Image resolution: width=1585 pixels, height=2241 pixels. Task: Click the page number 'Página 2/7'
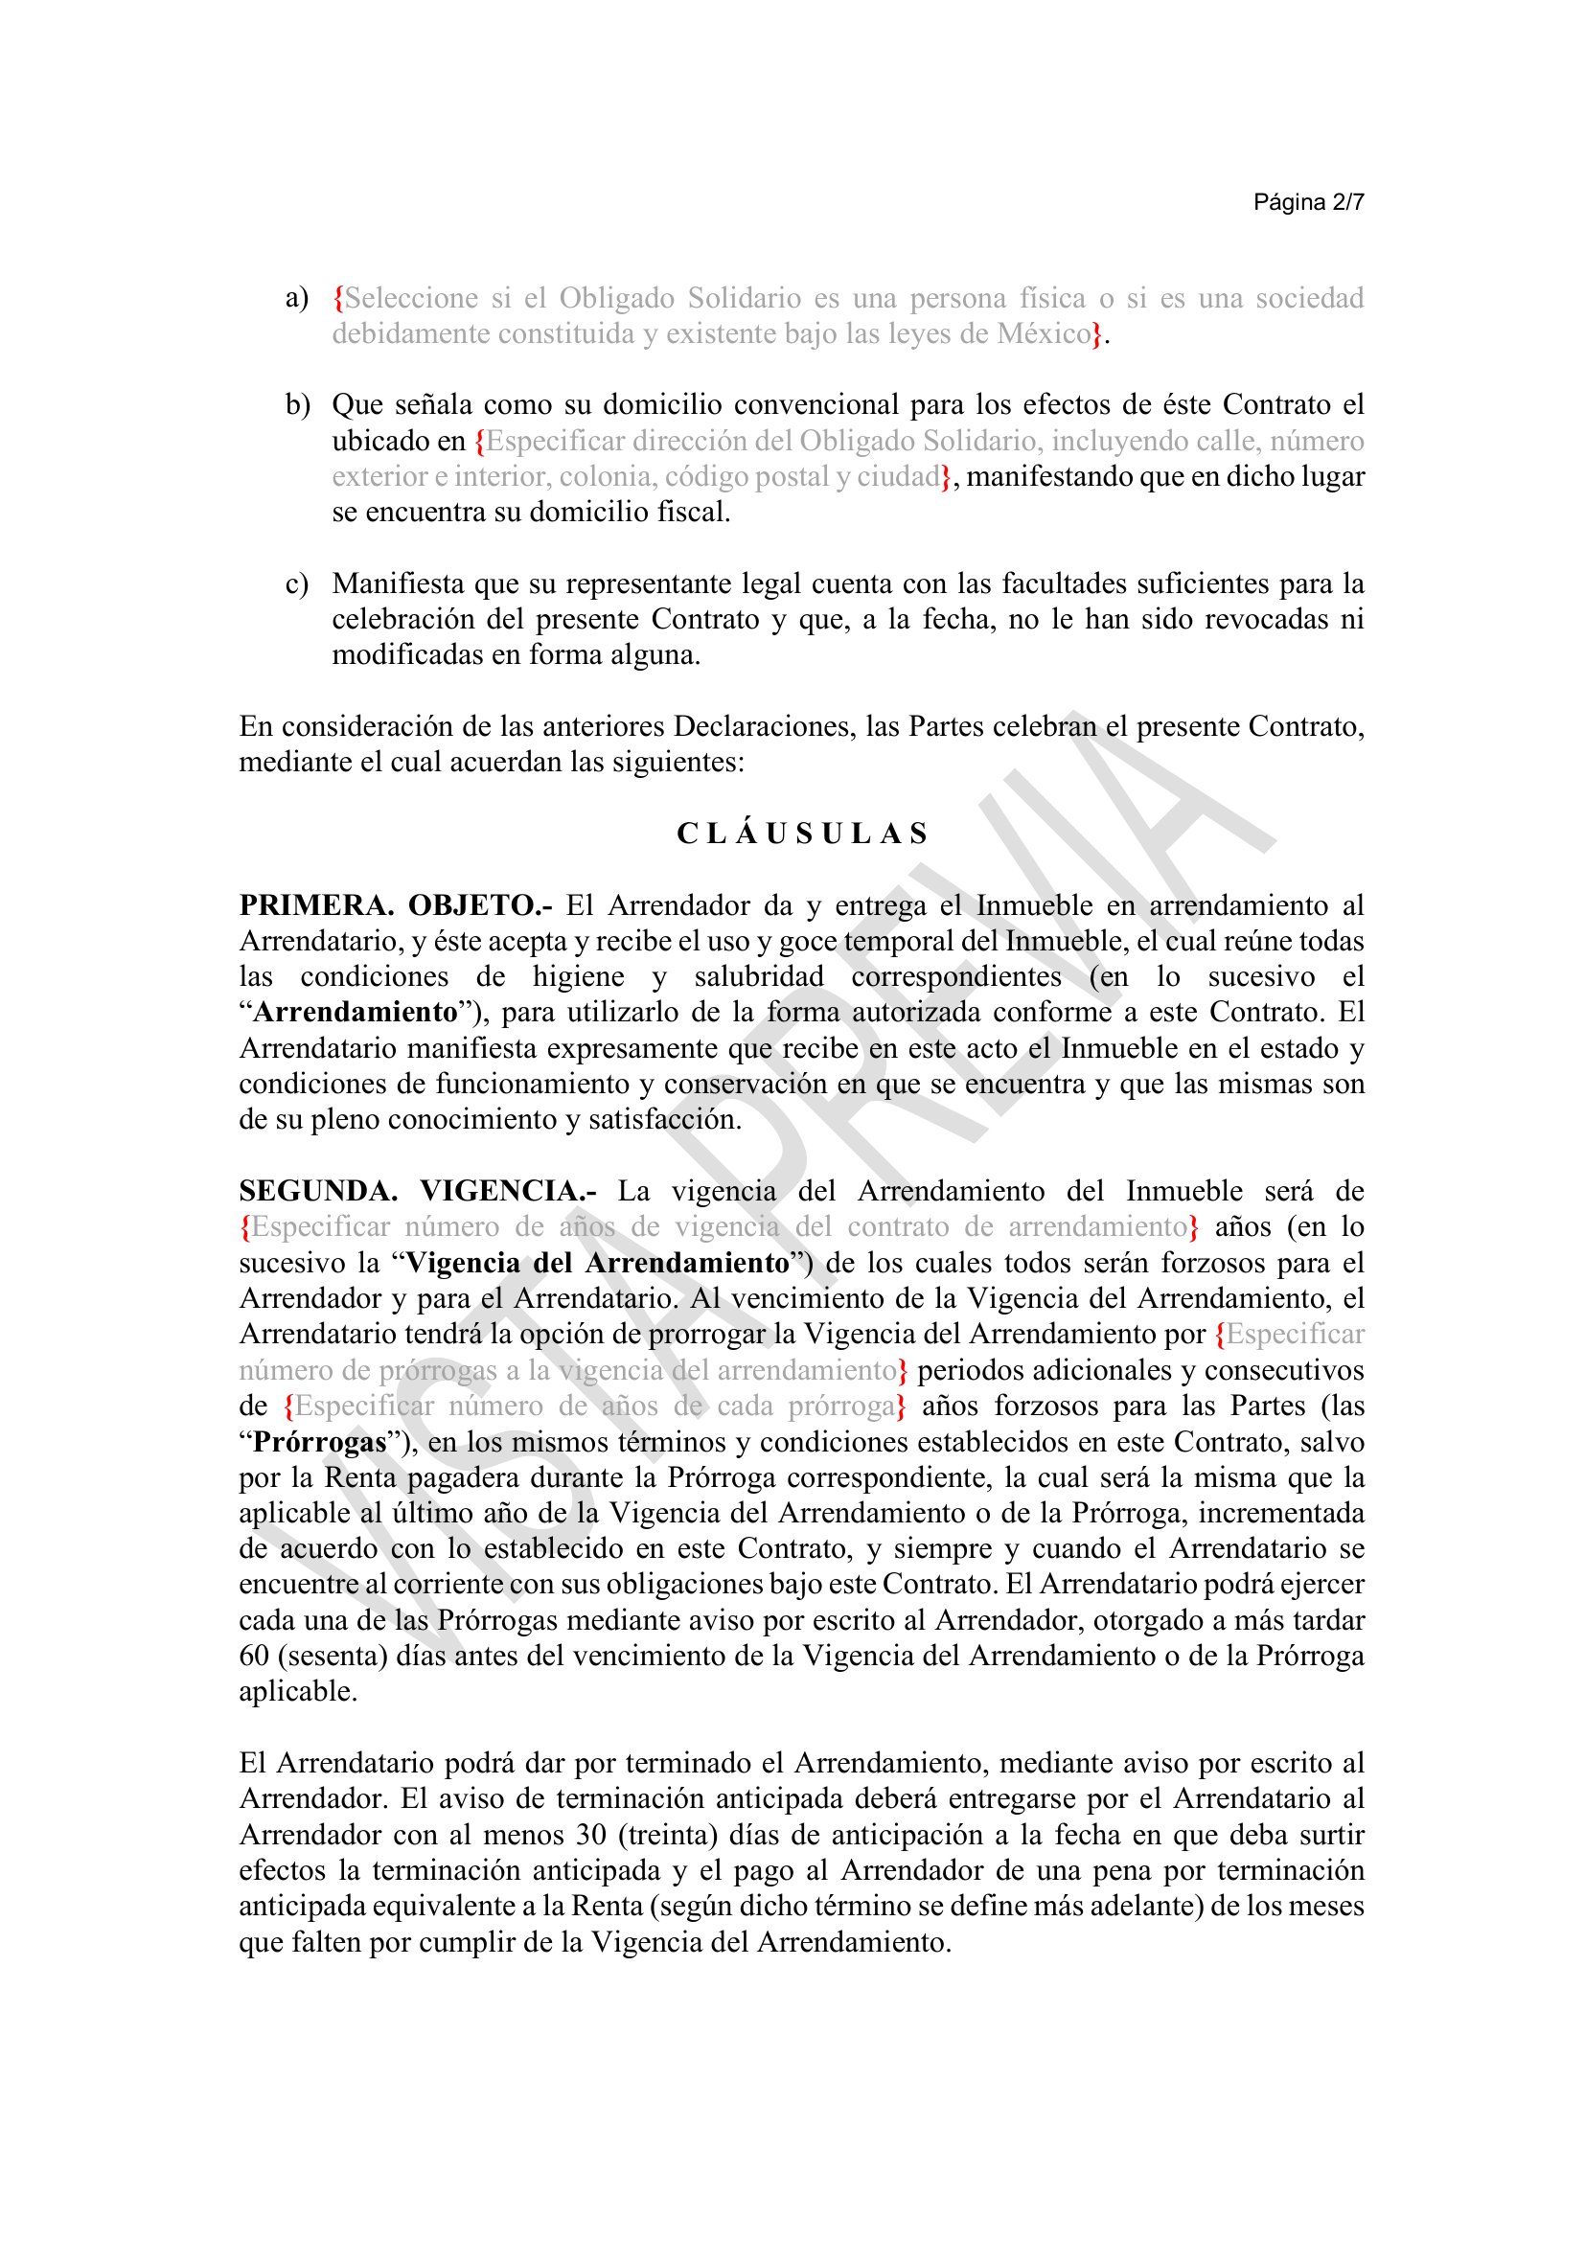1308,202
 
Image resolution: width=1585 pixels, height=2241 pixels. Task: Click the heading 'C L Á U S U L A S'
802,834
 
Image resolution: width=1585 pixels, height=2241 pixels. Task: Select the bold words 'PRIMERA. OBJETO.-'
395,905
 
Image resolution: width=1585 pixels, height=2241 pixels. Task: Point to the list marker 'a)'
297,298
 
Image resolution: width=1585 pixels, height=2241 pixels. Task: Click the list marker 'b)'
297,405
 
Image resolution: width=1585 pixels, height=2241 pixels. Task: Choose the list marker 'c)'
297,584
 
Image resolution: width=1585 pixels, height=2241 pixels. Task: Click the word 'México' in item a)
1043,333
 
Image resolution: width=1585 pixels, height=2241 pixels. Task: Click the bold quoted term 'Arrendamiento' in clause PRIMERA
356,1012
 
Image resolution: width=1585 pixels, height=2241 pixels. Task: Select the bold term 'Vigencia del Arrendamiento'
596,1263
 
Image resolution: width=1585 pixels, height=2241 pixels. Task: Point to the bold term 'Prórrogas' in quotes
320,1442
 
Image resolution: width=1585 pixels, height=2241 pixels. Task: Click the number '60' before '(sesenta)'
254,1657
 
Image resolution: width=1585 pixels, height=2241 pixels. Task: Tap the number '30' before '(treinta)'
591,1835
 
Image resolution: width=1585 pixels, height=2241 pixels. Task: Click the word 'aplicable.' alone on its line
299,1691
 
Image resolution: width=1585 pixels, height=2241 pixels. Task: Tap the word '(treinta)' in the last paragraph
669,1835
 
